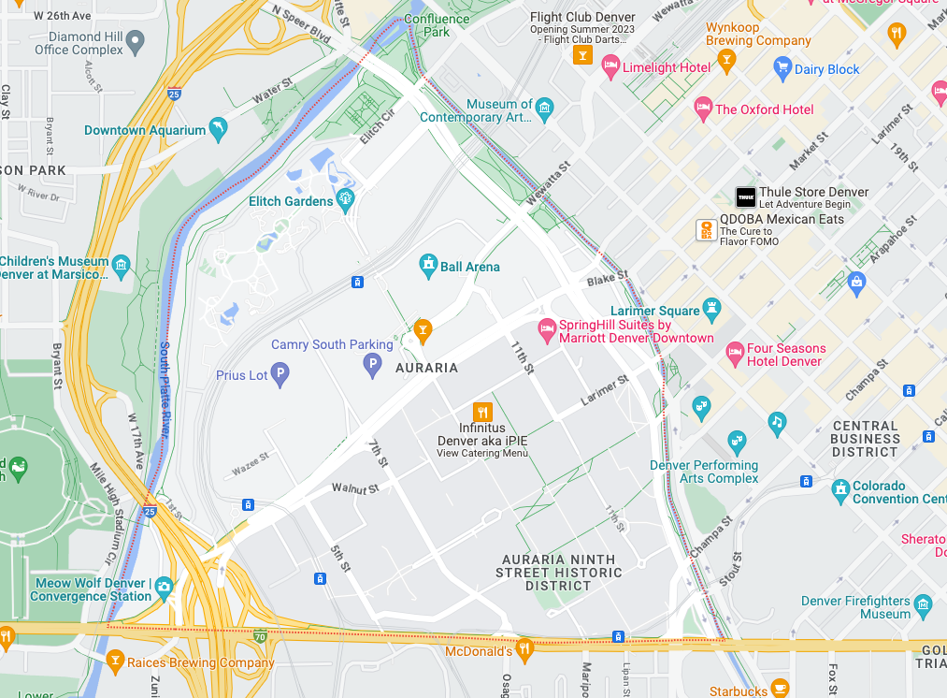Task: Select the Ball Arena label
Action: click(x=470, y=267)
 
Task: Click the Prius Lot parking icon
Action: click(x=280, y=376)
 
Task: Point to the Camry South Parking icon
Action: click(x=372, y=364)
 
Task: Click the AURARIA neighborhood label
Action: click(x=426, y=368)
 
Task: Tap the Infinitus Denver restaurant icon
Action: click(x=482, y=411)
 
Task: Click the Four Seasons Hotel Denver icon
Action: click(x=736, y=352)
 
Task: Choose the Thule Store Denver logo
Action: click(x=745, y=197)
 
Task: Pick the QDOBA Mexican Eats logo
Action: click(x=707, y=229)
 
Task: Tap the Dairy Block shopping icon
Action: click(x=783, y=66)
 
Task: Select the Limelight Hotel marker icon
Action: click(x=610, y=65)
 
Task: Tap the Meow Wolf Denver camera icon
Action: click(x=165, y=587)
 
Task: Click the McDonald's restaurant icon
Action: click(x=525, y=647)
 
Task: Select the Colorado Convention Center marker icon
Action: click(x=839, y=488)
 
